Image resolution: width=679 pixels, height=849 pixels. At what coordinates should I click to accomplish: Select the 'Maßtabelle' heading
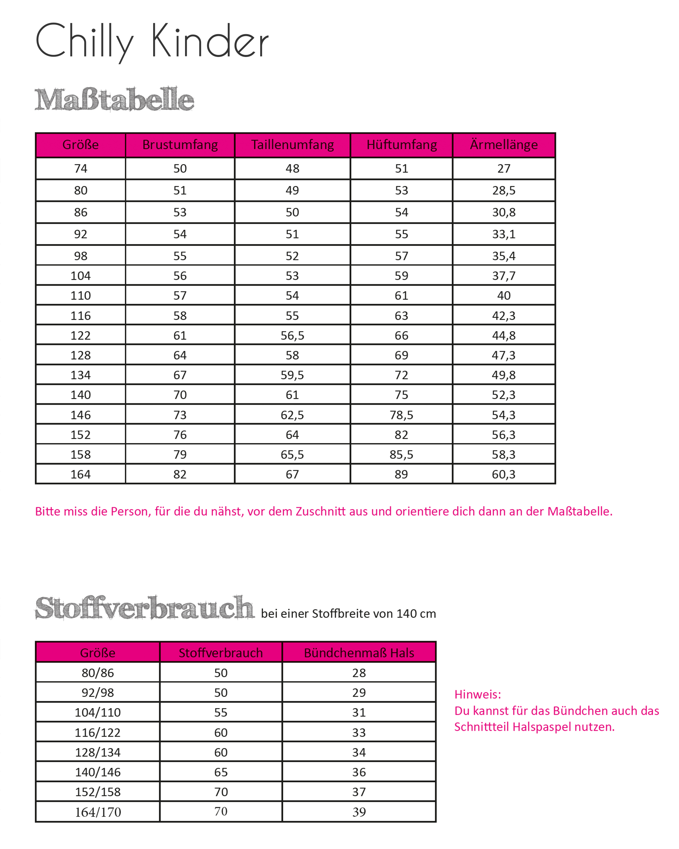point(114,99)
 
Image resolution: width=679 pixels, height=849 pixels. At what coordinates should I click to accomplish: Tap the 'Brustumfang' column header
point(180,145)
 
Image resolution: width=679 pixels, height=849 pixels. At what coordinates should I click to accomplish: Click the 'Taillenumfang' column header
point(292,145)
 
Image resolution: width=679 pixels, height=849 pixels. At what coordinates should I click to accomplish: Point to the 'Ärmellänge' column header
point(504,145)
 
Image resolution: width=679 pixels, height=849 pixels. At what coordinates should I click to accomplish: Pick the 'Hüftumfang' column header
point(401,145)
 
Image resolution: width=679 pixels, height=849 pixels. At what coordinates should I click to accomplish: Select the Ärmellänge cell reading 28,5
point(504,190)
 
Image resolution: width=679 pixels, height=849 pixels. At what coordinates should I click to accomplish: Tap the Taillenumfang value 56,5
point(292,335)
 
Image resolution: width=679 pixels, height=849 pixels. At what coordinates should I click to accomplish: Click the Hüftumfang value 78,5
point(401,415)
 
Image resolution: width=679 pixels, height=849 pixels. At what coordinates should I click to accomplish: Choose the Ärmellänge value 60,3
point(504,475)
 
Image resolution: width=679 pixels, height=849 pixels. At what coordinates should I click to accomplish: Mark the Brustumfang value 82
point(180,475)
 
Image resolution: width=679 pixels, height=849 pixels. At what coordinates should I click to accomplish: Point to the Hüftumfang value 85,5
point(401,455)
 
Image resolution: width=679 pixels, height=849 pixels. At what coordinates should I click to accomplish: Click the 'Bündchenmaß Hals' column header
point(359,653)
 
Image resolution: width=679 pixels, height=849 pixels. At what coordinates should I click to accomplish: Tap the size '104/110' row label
point(98,712)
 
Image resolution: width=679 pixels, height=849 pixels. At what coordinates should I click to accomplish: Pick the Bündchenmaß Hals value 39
point(359,812)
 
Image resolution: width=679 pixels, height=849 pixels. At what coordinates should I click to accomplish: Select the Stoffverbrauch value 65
point(221,772)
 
